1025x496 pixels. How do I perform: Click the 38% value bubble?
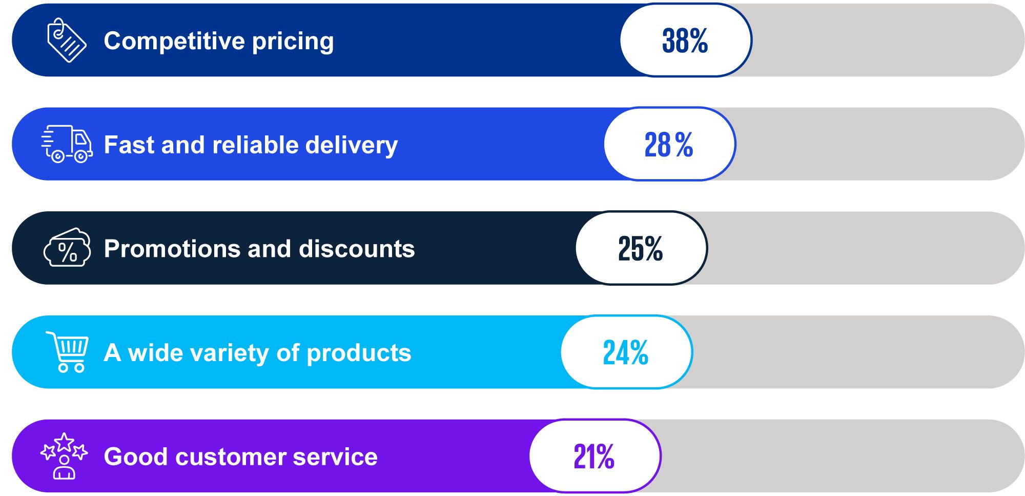(x=686, y=41)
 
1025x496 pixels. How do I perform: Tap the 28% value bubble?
(x=669, y=145)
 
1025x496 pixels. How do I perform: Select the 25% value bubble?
(x=641, y=249)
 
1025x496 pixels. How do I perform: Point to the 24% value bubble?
(x=626, y=352)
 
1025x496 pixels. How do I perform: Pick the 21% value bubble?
(x=594, y=457)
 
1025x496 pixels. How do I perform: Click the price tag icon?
(x=66, y=41)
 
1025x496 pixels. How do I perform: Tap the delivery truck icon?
(x=67, y=144)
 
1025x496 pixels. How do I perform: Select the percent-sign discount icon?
(x=68, y=248)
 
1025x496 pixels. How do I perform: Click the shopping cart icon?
(x=68, y=352)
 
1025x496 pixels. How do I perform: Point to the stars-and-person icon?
(x=65, y=456)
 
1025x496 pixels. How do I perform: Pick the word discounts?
(x=357, y=249)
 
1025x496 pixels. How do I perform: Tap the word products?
(x=359, y=353)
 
